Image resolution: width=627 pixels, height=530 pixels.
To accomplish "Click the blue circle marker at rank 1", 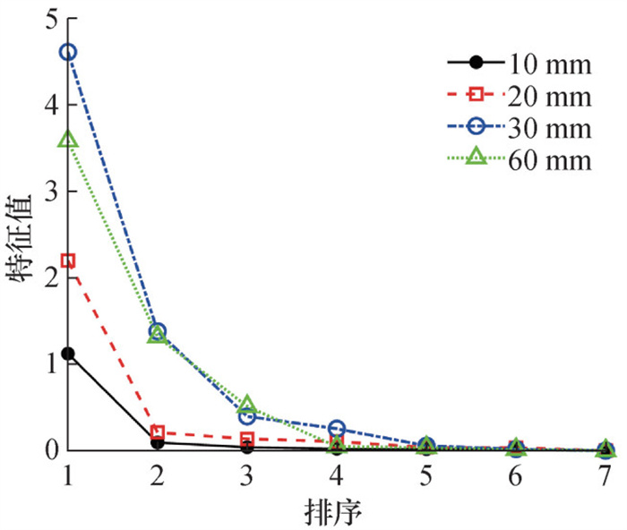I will coord(68,52).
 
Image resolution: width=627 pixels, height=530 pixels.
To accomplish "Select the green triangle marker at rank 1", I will coord(68,140).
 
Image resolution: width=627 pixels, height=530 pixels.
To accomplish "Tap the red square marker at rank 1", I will coord(68,261).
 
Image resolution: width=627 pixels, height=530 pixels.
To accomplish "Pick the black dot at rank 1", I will coord(68,355).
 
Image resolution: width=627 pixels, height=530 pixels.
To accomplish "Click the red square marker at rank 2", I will coord(158,432).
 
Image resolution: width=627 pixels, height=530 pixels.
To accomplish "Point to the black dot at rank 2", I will coord(158,442).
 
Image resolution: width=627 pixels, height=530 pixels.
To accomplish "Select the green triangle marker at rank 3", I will coord(247,405).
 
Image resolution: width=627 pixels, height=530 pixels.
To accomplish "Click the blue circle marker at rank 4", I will coord(337,429).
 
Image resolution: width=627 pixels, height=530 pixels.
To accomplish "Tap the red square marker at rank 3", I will coord(247,439).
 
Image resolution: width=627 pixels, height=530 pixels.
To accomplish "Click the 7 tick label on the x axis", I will coord(606,474).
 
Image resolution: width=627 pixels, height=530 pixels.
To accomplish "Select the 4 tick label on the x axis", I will coord(337,474).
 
